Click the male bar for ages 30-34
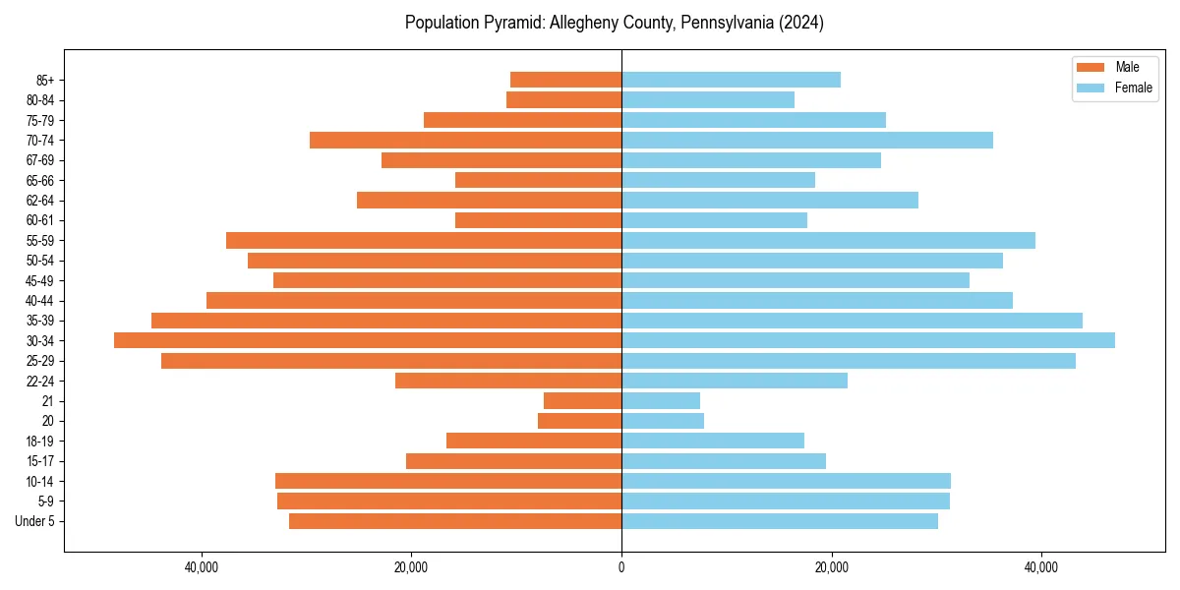(x=368, y=340)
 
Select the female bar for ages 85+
(x=731, y=80)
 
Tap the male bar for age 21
(x=582, y=400)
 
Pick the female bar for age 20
(x=663, y=421)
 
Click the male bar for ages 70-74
(x=465, y=140)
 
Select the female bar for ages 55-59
(x=828, y=240)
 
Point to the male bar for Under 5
(x=455, y=520)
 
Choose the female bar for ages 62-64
(x=770, y=200)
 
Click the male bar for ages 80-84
(x=563, y=99)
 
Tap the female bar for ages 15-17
(x=724, y=460)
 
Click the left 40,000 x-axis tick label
(x=202, y=567)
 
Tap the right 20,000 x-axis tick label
(x=832, y=567)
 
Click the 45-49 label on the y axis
(x=40, y=280)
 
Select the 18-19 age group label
(x=40, y=441)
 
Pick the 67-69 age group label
(x=40, y=160)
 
